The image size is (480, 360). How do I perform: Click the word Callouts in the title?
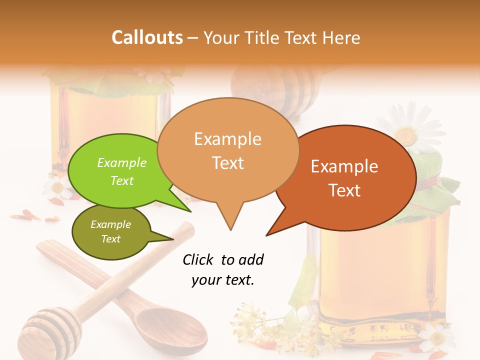[147, 37]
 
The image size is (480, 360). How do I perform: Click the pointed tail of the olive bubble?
[170, 238]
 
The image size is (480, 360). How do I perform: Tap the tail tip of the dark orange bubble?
[268, 234]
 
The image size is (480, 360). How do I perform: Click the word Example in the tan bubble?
[227, 138]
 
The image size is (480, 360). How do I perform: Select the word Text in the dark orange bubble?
[344, 190]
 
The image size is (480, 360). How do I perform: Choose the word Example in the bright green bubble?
[121, 162]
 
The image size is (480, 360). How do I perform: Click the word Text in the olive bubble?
[111, 239]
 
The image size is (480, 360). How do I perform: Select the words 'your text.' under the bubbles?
[223, 280]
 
